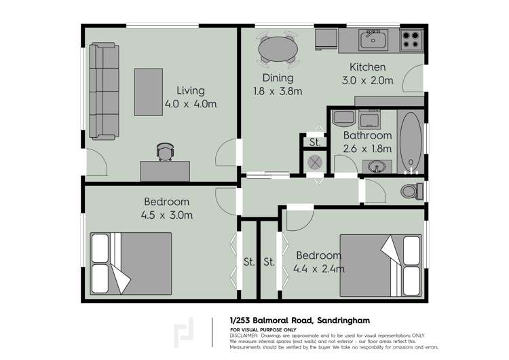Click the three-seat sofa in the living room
[105, 91]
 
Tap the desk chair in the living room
[165, 151]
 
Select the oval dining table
[278, 49]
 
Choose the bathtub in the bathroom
[410, 141]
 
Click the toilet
[411, 191]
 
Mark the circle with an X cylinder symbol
[315, 163]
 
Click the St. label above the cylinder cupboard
[315, 143]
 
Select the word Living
[190, 90]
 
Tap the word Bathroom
[367, 136]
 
